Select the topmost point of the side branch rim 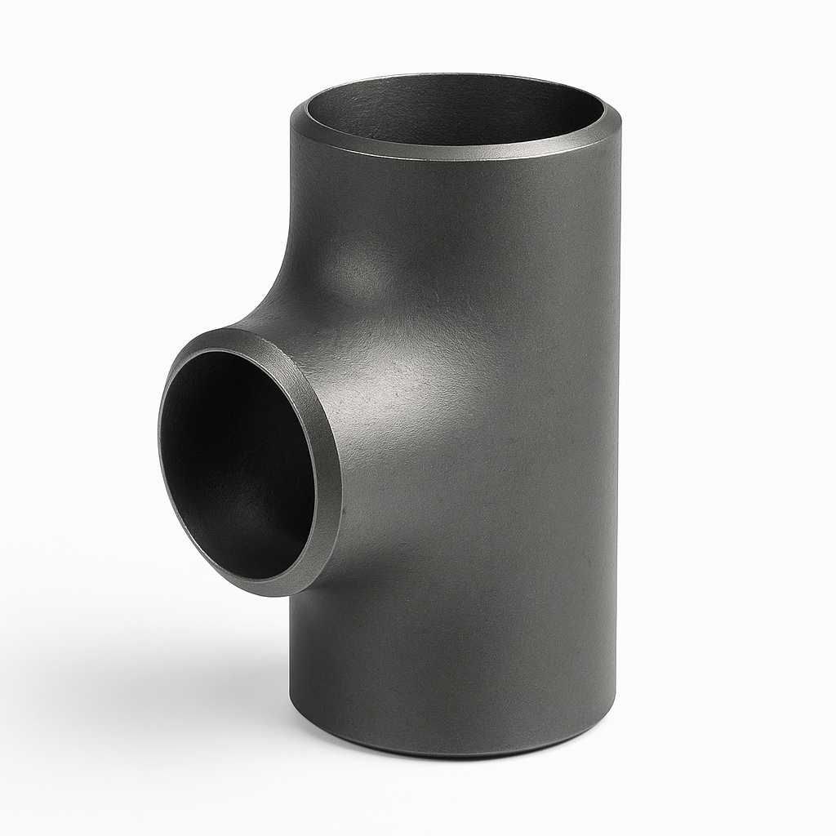[237, 330]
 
